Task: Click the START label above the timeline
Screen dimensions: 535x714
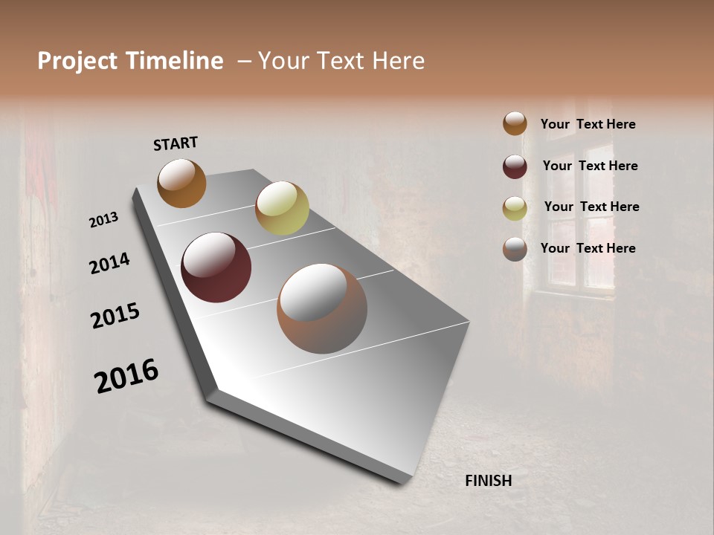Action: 176,143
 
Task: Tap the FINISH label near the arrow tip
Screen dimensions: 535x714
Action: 488,481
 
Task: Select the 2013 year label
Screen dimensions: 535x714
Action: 104,220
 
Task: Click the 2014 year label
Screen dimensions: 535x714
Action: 109,263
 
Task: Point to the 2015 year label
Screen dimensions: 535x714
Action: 115,316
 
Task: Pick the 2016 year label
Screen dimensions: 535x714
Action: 126,376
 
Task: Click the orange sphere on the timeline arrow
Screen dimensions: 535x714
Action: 181,183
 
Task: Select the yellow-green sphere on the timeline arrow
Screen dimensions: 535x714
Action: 282,208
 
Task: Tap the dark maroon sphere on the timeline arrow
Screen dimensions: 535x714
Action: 216,267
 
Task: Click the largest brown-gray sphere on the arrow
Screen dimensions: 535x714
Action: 322,308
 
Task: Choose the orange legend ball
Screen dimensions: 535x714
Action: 515,123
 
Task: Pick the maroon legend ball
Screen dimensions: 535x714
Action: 515,166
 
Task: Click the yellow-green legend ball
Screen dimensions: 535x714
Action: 515,207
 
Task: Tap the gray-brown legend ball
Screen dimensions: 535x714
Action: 515,249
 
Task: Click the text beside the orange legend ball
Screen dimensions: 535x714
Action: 588,124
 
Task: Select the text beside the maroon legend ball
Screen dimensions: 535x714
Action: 590,166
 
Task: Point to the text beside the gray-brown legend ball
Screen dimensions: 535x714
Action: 588,248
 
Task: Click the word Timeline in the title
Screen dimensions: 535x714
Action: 175,61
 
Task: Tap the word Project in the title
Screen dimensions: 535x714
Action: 77,61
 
